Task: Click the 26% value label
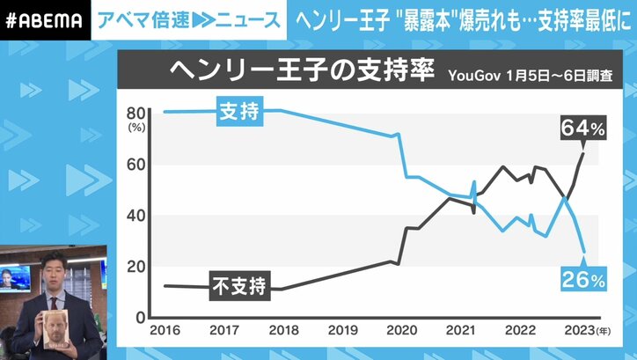pyautogui.click(x=583, y=282)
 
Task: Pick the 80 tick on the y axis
pyautogui.click(x=135, y=113)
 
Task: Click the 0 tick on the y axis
pyautogui.click(x=138, y=316)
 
